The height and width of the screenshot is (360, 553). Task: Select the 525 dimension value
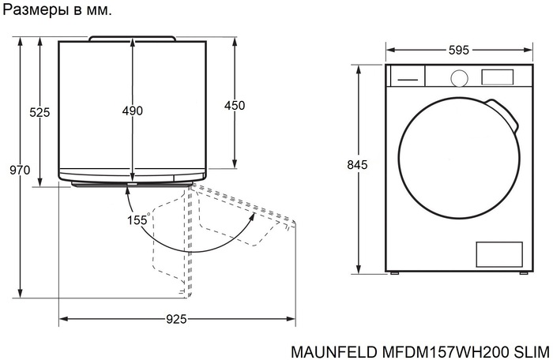pos(40,112)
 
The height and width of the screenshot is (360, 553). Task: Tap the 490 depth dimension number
pos(133,111)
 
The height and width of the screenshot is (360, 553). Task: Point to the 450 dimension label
pos(235,106)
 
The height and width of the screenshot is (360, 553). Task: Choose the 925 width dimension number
pos(177,319)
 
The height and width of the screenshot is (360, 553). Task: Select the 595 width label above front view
pos(458,50)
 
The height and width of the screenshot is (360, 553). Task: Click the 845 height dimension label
pos(358,165)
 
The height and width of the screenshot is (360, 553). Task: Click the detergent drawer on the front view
pos(407,77)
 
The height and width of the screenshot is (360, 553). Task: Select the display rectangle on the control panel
pos(498,77)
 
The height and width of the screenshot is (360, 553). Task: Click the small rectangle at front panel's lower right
pos(498,254)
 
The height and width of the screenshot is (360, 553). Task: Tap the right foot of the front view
pos(521,273)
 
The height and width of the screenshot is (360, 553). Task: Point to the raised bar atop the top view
pos(132,38)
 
